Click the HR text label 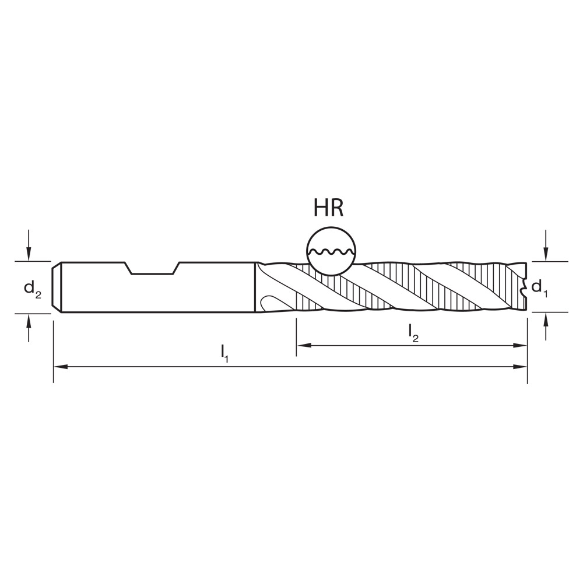[x=329, y=208]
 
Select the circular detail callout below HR [x=331, y=251]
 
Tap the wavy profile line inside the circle [x=331, y=252]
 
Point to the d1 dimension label [x=540, y=287]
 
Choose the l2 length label [x=413, y=332]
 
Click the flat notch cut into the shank [x=153, y=272]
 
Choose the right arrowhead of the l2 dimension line [x=522, y=346]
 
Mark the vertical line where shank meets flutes [x=255, y=287]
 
